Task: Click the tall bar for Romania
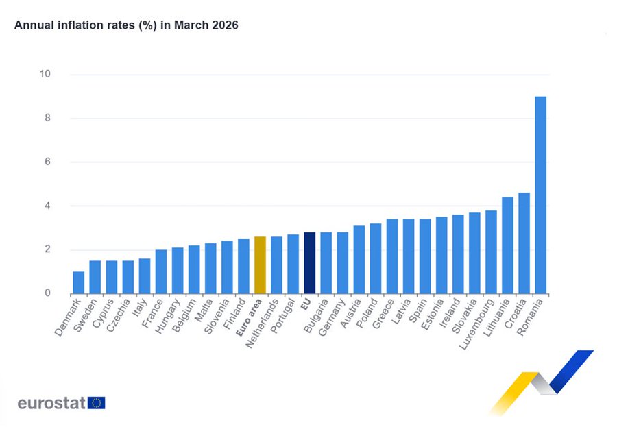(x=540, y=195)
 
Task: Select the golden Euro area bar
(x=260, y=265)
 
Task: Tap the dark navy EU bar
(x=309, y=263)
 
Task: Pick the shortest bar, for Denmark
(x=79, y=282)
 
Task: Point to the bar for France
(x=161, y=271)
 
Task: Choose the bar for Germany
(x=342, y=263)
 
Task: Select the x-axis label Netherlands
(x=264, y=321)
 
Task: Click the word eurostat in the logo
(x=51, y=402)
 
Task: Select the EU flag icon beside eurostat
(x=96, y=402)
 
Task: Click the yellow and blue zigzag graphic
(x=541, y=380)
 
